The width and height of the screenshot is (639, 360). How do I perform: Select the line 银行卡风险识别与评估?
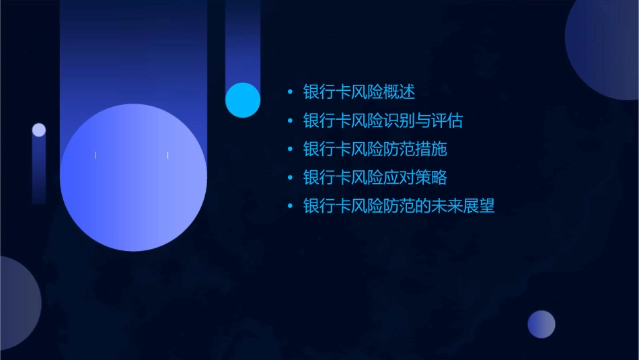click(x=383, y=121)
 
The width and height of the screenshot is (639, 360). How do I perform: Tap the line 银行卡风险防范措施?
click(x=375, y=149)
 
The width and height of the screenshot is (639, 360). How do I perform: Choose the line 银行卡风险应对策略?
click(x=375, y=178)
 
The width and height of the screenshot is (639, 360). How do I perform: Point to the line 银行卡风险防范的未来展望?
click(x=399, y=207)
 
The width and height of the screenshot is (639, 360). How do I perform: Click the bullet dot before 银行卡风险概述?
click(x=290, y=92)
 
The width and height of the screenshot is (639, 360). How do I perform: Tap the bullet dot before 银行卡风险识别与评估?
click(x=290, y=121)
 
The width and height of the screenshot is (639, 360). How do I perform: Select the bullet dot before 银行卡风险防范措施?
click(x=290, y=149)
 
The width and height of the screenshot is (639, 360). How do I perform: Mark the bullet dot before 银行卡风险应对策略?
click(x=290, y=178)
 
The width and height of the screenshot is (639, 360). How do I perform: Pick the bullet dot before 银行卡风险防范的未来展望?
click(x=290, y=207)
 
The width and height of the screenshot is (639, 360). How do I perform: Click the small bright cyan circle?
click(x=243, y=100)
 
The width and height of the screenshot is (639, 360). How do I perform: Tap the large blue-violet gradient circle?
click(x=133, y=178)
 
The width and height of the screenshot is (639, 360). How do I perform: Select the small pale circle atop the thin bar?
click(x=39, y=130)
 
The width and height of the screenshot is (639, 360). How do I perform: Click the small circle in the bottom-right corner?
click(x=541, y=324)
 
